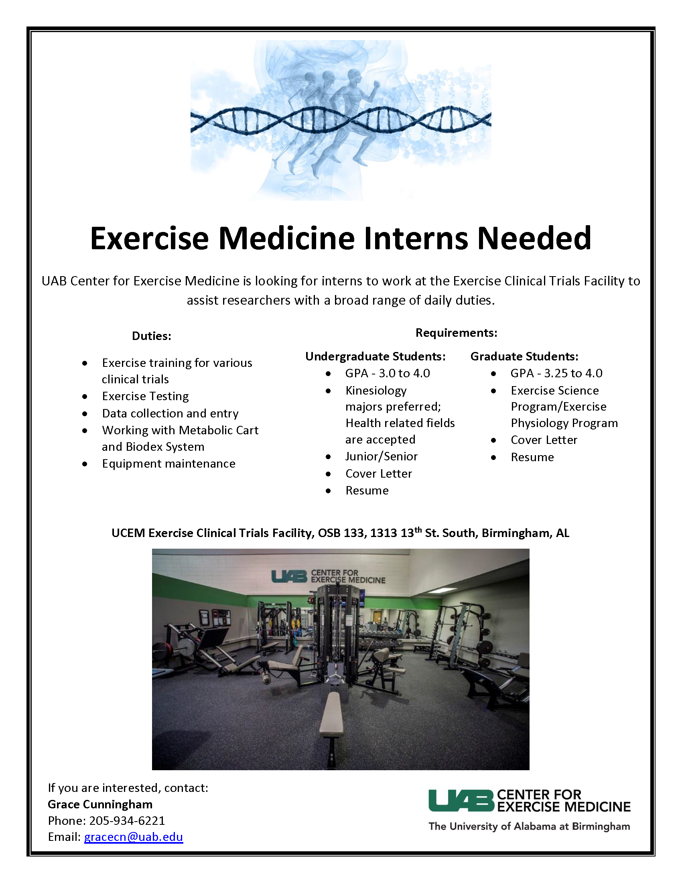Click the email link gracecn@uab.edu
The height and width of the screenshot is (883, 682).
(133, 837)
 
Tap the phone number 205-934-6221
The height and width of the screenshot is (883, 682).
(127, 820)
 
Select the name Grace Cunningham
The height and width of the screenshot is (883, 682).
(100, 804)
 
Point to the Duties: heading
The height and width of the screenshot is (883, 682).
(152, 336)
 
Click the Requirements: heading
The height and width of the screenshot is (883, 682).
(457, 333)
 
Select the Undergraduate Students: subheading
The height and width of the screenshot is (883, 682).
(376, 356)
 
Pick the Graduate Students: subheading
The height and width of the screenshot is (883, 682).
(524, 356)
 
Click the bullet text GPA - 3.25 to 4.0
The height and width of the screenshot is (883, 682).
(556, 373)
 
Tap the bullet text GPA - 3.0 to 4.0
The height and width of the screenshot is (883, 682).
(388, 373)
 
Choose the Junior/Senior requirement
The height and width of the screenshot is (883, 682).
(382, 456)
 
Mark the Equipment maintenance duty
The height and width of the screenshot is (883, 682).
(168, 464)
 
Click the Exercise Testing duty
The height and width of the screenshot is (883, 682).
(146, 396)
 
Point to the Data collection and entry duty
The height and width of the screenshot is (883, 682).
(170, 413)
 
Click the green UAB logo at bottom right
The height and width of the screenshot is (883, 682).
(461, 801)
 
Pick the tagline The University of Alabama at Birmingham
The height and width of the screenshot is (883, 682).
(529, 826)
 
